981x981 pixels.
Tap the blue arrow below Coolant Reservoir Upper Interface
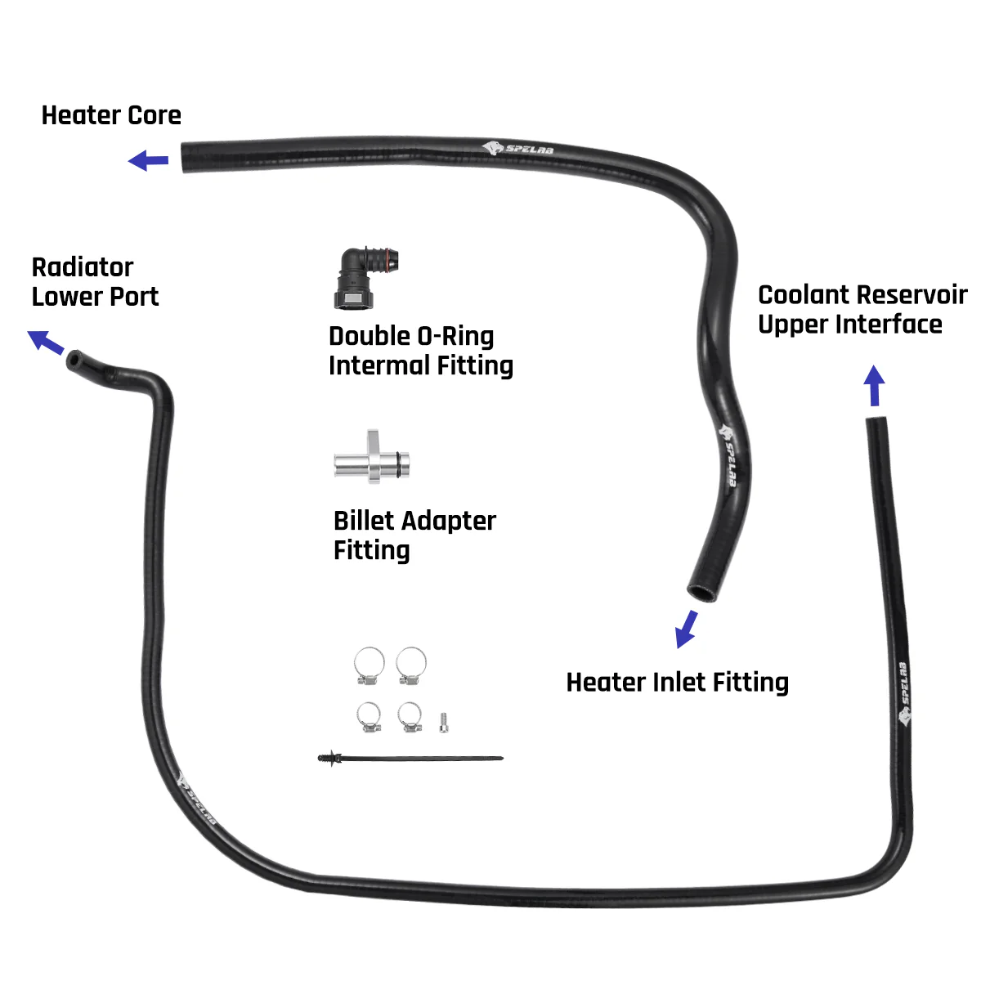pyautogui.click(x=875, y=385)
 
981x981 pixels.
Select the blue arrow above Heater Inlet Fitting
pyautogui.click(x=687, y=629)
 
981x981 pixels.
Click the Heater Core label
pyautogui.click(x=111, y=115)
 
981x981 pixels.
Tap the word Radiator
pyautogui.click(x=82, y=267)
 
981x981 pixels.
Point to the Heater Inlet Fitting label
pyautogui.click(x=677, y=682)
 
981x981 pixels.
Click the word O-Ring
pyautogui.click(x=455, y=336)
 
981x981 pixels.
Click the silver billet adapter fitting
pyautogui.click(x=372, y=459)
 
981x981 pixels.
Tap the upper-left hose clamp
pyautogui.click(x=370, y=665)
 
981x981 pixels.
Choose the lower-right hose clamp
pyautogui.click(x=410, y=717)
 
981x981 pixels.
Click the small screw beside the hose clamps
pyautogui.click(x=444, y=721)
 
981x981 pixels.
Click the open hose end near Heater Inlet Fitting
pyautogui.click(x=701, y=591)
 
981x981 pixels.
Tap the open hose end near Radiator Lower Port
pyautogui.click(x=75, y=359)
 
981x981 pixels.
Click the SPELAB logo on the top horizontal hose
pyautogui.click(x=517, y=149)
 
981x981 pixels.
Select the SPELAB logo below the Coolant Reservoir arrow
pyautogui.click(x=903, y=695)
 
